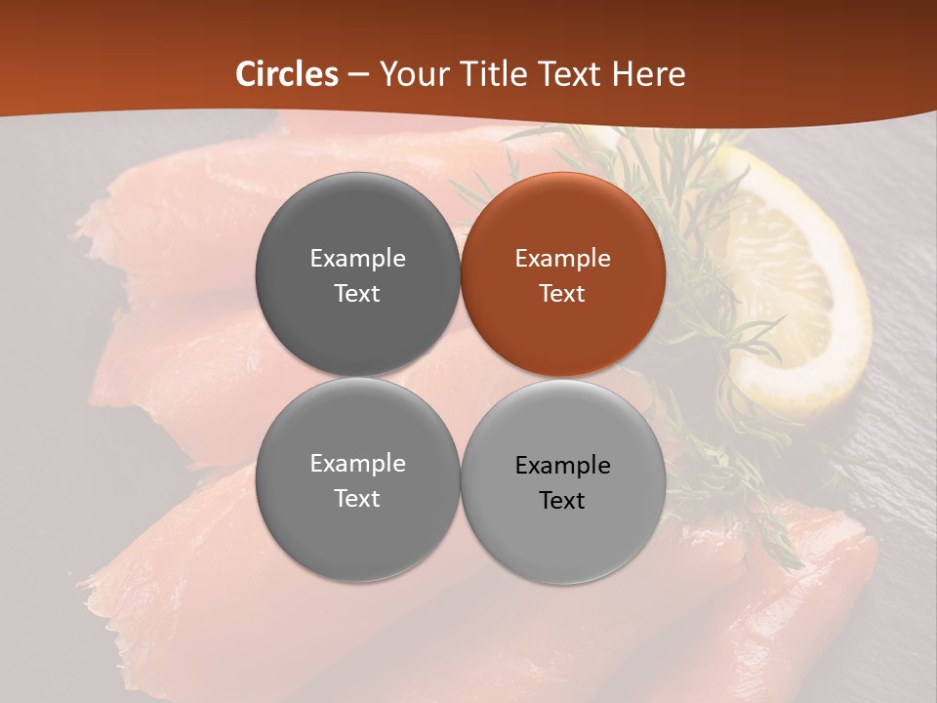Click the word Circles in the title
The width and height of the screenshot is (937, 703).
287,74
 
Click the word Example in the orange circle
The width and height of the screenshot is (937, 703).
562,259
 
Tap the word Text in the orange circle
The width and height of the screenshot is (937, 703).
562,293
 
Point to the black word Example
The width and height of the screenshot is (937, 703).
562,466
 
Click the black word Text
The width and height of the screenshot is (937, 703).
562,501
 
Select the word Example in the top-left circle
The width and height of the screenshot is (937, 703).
357,259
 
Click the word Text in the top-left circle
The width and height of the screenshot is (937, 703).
357,293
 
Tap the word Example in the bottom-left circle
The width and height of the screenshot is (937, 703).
357,464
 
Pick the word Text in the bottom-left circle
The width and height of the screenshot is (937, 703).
357,498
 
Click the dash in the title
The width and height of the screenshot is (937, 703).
357,74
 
